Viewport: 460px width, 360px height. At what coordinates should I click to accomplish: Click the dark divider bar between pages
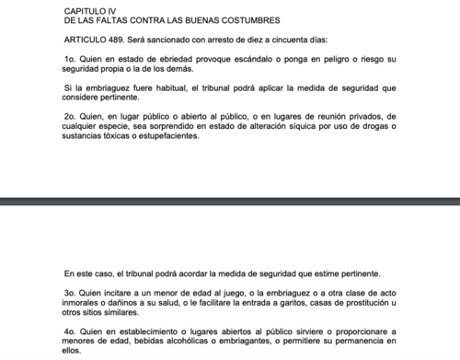pos(230,200)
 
